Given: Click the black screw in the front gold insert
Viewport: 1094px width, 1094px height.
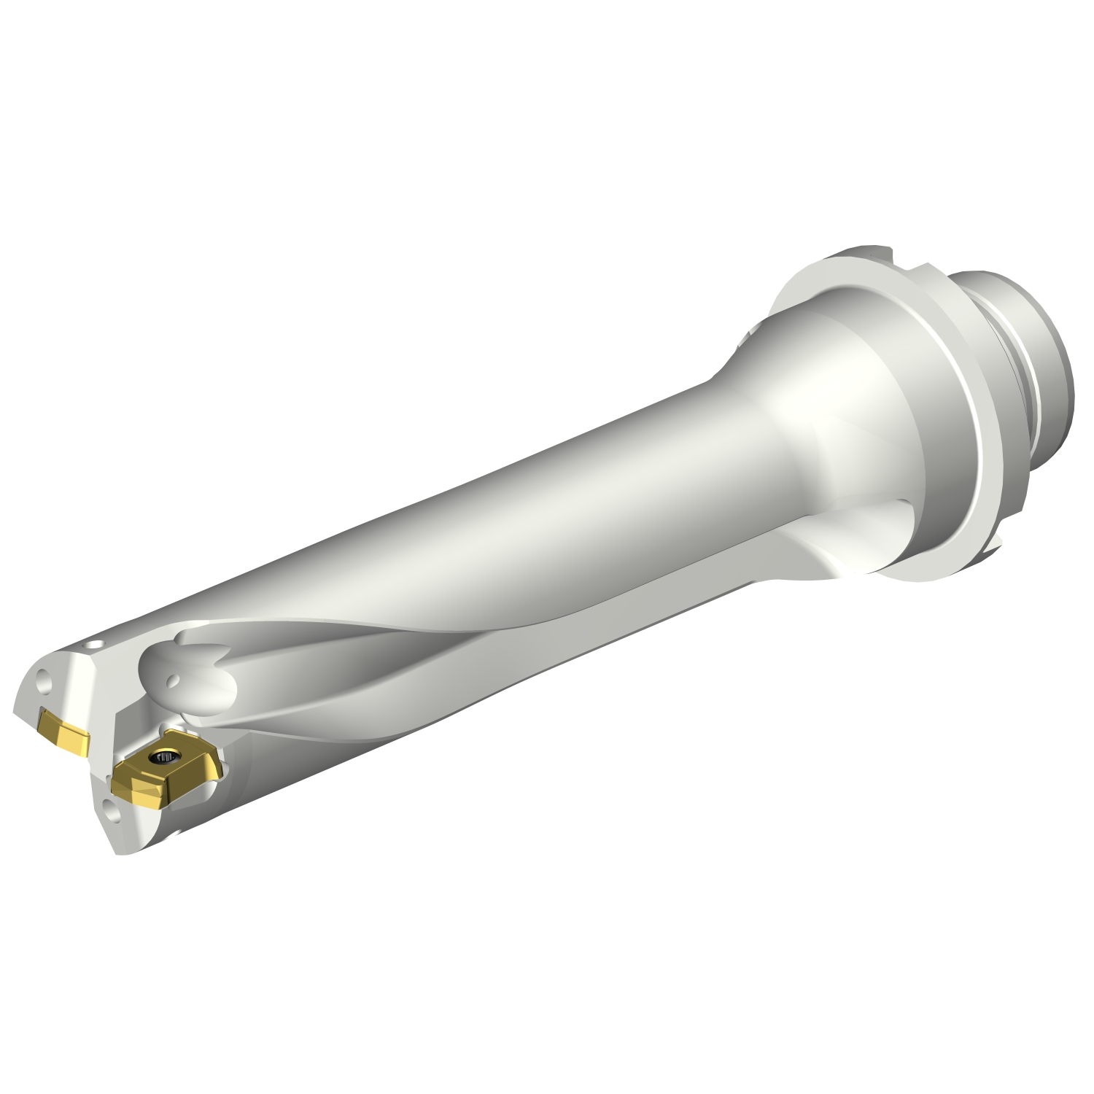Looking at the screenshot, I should click(x=160, y=759).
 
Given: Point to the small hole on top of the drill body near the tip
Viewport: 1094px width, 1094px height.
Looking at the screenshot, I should click(x=95, y=645).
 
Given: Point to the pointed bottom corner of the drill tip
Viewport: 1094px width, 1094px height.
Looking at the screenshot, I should click(x=117, y=852).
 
